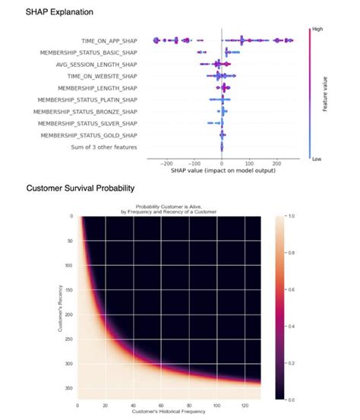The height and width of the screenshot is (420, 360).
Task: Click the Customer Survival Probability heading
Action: pos(75,188)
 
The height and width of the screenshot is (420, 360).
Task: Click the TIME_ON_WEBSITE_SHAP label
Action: pos(103,76)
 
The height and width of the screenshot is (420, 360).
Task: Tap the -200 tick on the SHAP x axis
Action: pos(166,163)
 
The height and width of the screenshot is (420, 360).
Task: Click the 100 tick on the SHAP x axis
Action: pos(249,163)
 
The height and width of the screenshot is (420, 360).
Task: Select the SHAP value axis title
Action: pos(221,169)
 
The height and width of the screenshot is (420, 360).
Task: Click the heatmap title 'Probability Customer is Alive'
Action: pos(179,207)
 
